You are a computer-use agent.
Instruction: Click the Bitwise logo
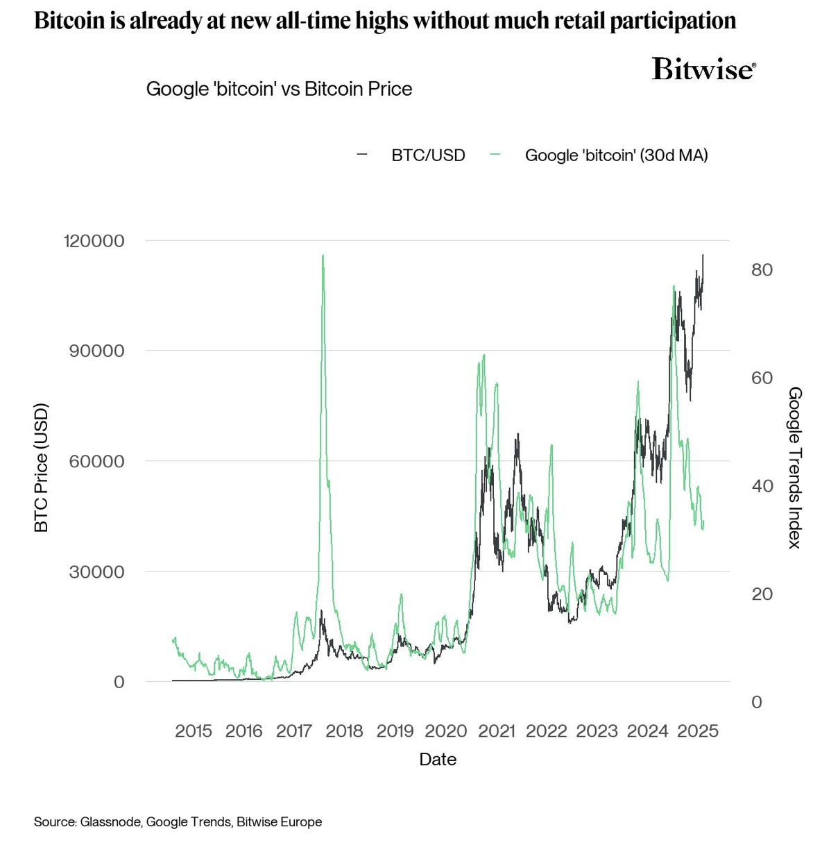[703, 69]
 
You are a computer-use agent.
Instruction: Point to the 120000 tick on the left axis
[94, 241]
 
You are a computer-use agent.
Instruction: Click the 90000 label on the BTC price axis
[96, 351]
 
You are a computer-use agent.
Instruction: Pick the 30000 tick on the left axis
[96, 571]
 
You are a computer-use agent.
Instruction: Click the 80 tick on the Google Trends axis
[762, 269]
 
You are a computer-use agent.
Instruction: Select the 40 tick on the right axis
[762, 486]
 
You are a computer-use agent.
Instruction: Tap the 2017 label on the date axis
[294, 731]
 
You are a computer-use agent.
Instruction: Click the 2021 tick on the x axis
[497, 731]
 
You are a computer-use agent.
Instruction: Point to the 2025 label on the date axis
[698, 731]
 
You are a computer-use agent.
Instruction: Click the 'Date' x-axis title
[438, 759]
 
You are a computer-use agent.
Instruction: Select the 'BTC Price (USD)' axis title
[42, 467]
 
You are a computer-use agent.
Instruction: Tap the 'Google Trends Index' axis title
[795, 467]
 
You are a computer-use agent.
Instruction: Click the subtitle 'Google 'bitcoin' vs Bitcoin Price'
[279, 89]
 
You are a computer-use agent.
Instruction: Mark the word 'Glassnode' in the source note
[111, 821]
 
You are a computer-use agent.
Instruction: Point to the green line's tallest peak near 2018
[323, 256]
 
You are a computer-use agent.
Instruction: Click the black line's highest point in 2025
[703, 255]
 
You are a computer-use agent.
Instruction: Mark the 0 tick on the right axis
[757, 702]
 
